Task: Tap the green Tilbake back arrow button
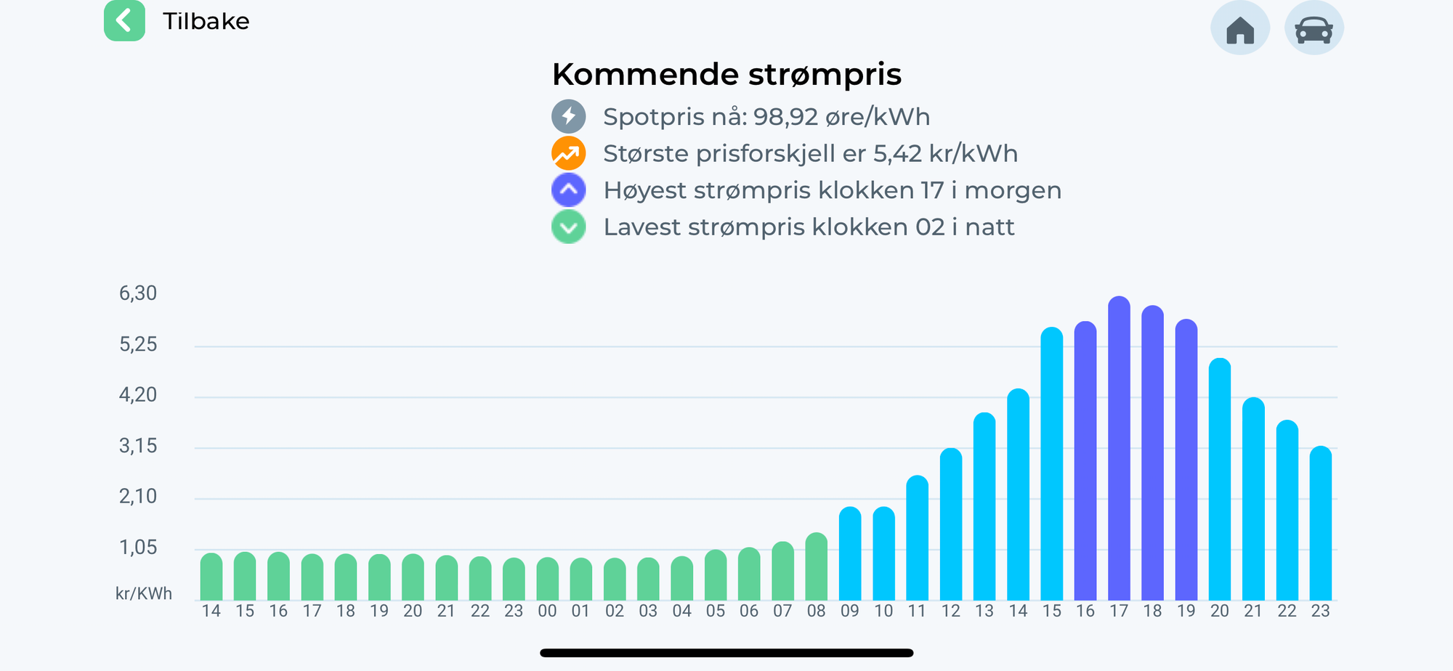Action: click(x=124, y=21)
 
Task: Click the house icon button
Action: click(x=1240, y=29)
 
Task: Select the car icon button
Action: click(x=1314, y=29)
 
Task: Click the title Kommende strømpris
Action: click(x=726, y=74)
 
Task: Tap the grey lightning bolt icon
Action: click(x=568, y=116)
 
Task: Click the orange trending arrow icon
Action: click(x=568, y=153)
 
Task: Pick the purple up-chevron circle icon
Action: click(x=568, y=190)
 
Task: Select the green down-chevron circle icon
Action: click(x=568, y=227)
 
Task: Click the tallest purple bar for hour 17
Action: click(x=1119, y=450)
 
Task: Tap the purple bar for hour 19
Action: click(x=1186, y=461)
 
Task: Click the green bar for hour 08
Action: click(x=817, y=568)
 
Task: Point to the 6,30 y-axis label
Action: click(x=138, y=293)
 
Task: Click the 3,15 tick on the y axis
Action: click(x=138, y=446)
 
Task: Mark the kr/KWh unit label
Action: click(x=144, y=594)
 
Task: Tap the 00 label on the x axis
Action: click(x=547, y=611)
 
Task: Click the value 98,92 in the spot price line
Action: click(x=785, y=117)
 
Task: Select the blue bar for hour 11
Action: click(x=918, y=539)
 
